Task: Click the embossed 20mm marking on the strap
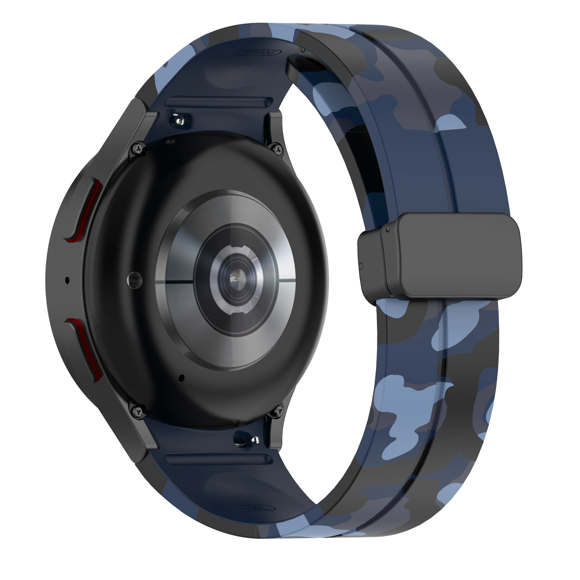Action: tap(258, 52)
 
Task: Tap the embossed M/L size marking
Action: tap(258, 508)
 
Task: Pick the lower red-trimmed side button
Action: tap(81, 350)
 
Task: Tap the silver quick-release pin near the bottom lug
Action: tap(255, 440)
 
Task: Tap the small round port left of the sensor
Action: tap(134, 280)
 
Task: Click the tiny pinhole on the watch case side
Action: tap(67, 281)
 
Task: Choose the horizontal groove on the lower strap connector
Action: tap(219, 459)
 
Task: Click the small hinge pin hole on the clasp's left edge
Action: tap(361, 265)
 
